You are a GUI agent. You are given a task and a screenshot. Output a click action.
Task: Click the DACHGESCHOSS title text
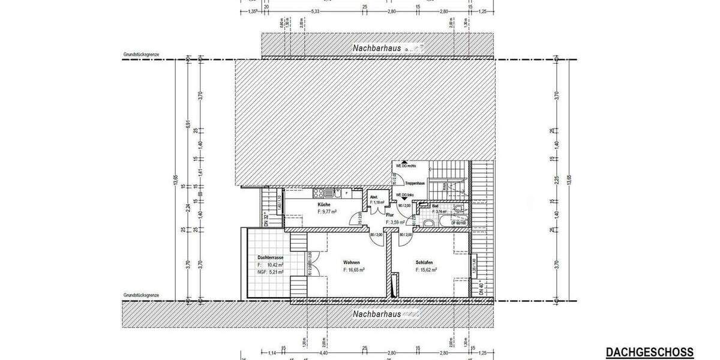coord(649,352)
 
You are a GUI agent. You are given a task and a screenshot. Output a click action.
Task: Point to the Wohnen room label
coord(352,263)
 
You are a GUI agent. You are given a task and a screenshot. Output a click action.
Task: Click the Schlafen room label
coord(424,263)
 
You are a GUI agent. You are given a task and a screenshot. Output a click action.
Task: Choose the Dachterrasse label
coord(269,257)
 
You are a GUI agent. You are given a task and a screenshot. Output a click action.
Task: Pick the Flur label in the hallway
coord(389,215)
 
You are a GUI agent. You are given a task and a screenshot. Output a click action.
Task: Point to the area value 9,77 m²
coord(329,212)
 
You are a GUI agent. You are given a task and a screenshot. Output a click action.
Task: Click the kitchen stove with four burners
coord(320,193)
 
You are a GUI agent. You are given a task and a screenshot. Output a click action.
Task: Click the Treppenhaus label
coord(415,182)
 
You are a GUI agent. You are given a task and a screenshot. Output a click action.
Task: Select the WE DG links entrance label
coord(404,196)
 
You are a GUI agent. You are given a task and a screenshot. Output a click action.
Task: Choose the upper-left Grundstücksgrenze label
coord(141,55)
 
